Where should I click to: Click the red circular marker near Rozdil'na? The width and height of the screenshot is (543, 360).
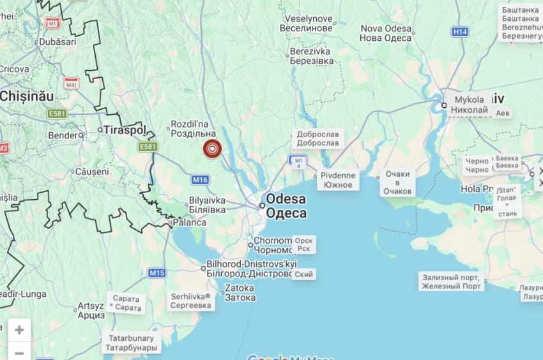[x=213, y=149]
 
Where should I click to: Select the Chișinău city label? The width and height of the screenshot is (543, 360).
[x=27, y=96]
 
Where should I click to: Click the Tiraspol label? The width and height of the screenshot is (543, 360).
[x=124, y=130]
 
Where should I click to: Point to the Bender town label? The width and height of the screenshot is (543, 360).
[x=63, y=135]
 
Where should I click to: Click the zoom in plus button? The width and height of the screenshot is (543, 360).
[x=19, y=330]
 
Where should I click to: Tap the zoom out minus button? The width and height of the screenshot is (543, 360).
[x=19, y=352]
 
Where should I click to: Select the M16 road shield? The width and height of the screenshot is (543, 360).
[x=201, y=180]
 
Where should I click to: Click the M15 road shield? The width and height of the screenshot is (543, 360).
[x=157, y=273]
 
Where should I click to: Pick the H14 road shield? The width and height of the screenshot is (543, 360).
[x=459, y=32]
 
